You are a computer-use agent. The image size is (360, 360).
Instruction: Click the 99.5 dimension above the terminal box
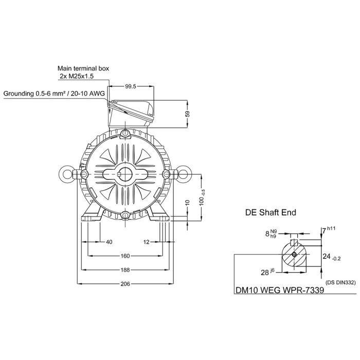[130, 87]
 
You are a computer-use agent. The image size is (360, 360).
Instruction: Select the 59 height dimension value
[188, 114]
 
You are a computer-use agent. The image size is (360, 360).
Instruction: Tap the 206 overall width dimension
[125, 284]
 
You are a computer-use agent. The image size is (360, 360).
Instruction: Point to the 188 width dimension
[125, 270]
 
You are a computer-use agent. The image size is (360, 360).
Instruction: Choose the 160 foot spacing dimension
[125, 256]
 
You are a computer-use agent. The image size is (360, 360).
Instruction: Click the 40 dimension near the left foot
[109, 242]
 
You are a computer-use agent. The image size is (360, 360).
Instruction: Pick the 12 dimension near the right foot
[146, 242]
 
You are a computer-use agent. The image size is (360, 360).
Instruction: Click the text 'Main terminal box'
[83, 68]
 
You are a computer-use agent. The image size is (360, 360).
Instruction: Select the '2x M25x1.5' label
[77, 76]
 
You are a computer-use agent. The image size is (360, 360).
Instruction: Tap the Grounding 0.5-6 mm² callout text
[54, 94]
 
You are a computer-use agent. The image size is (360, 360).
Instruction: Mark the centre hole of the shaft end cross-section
[294, 255]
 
